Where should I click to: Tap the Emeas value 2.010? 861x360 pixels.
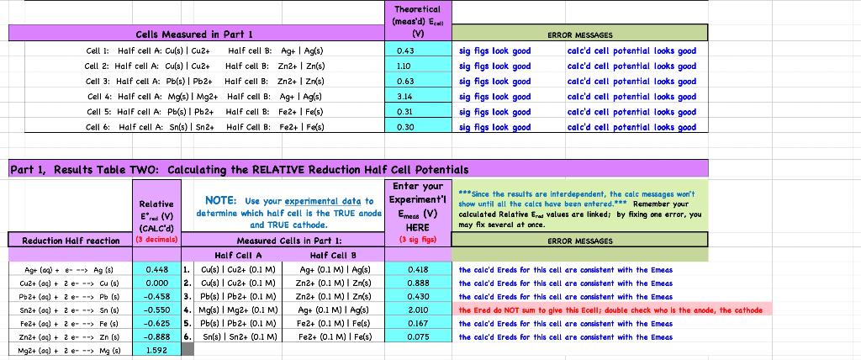pyautogui.click(x=418, y=310)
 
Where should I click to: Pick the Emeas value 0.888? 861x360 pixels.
pyautogui.click(x=418, y=283)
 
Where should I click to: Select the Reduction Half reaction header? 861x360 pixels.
pyautogui.click(x=71, y=241)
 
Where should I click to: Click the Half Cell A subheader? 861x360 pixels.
pyautogui.click(x=239, y=255)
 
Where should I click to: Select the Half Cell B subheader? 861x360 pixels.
pyautogui.click(x=334, y=255)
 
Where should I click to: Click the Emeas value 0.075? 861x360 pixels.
pyautogui.click(x=418, y=337)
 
